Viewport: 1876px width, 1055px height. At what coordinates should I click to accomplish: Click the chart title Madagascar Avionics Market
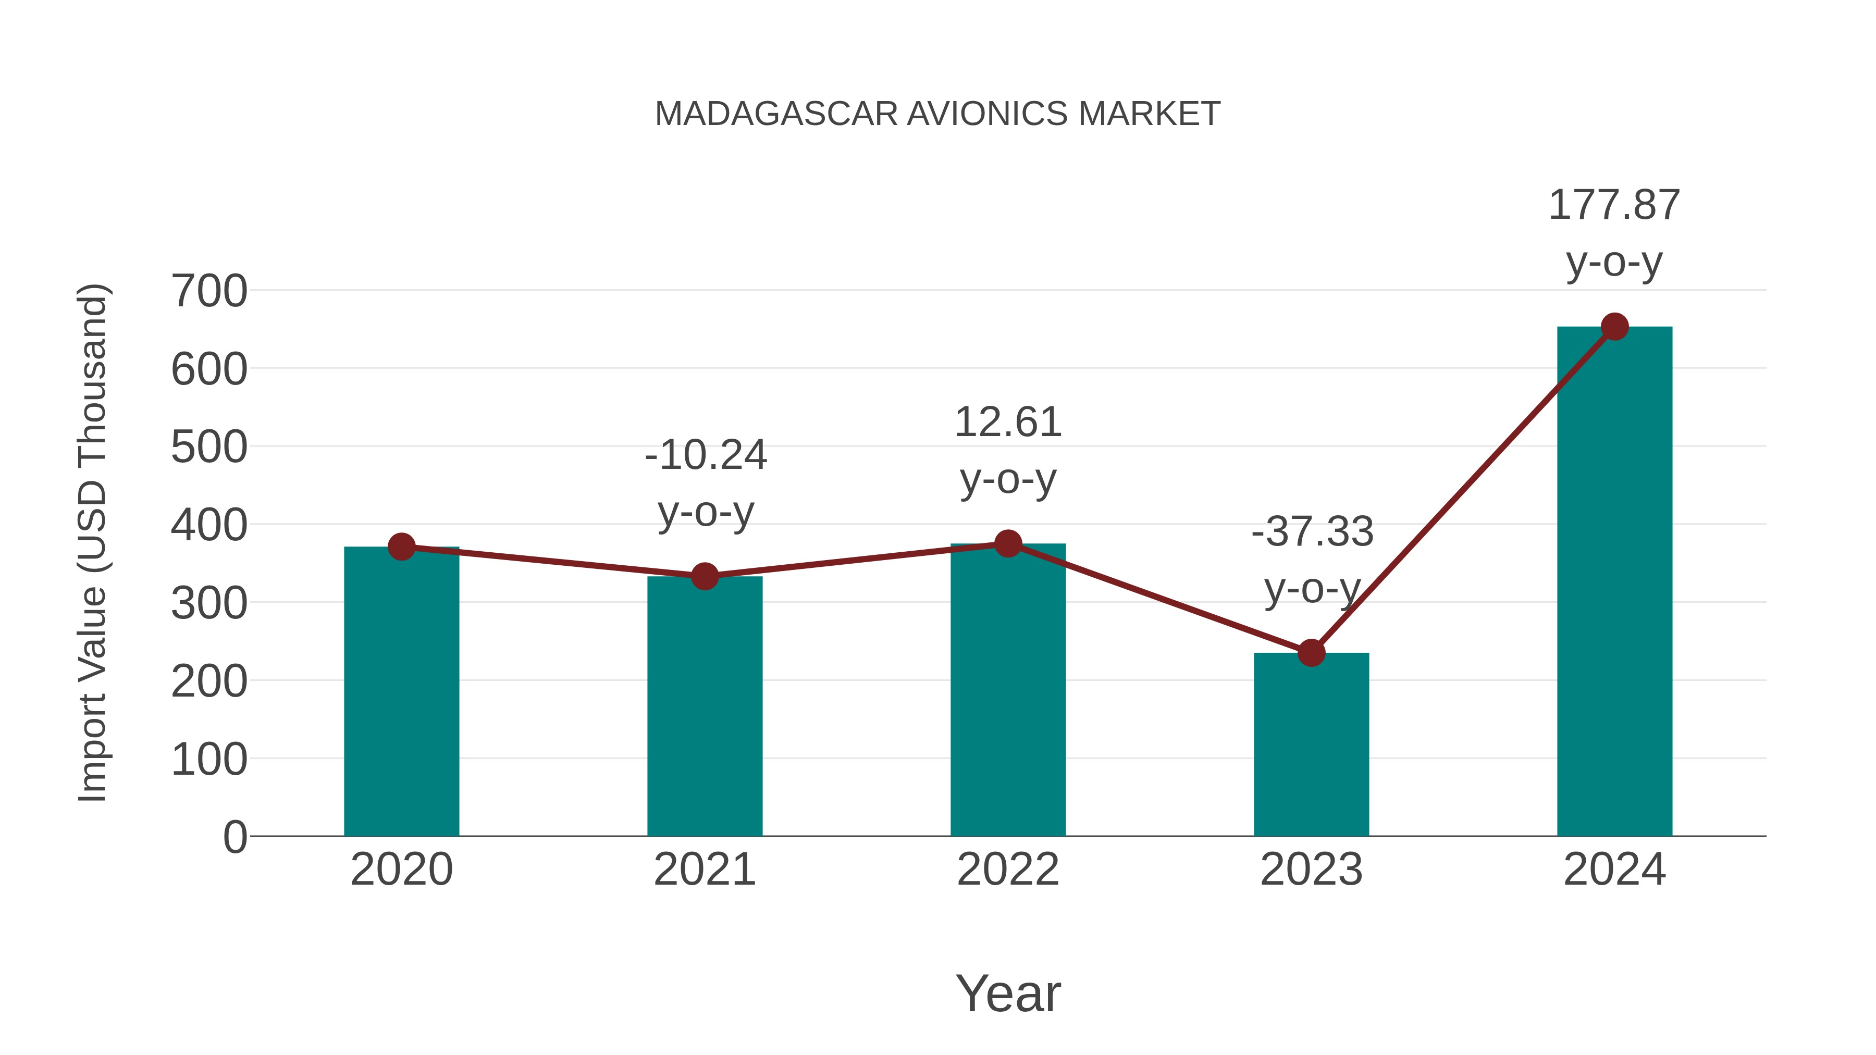[x=937, y=114]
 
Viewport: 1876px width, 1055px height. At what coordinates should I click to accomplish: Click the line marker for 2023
[x=1311, y=653]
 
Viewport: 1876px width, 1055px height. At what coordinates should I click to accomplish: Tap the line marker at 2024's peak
[x=1614, y=327]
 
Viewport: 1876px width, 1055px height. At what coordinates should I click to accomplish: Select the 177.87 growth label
[x=1614, y=205]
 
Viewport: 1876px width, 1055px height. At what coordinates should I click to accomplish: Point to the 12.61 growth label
[x=1008, y=423]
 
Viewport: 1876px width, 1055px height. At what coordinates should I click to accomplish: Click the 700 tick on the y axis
[x=209, y=291]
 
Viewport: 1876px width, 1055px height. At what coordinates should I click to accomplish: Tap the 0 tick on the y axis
[x=234, y=837]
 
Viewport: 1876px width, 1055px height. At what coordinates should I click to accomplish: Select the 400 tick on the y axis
[x=209, y=525]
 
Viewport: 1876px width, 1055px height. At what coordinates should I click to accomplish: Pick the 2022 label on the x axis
[x=1008, y=870]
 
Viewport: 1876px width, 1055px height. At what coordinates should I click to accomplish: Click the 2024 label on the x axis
[x=1614, y=870]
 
